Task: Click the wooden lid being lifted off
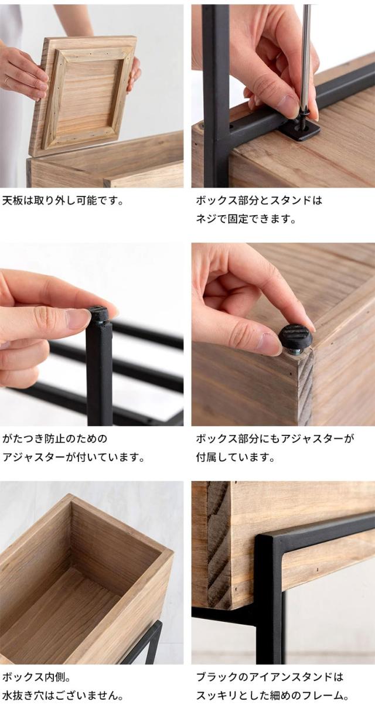point(88,94)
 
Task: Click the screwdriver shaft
point(305,59)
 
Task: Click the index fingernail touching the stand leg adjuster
point(78,318)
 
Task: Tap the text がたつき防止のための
point(55,438)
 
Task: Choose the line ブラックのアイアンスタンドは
point(270,677)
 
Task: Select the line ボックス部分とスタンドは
point(259,200)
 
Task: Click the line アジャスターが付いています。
point(73,457)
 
